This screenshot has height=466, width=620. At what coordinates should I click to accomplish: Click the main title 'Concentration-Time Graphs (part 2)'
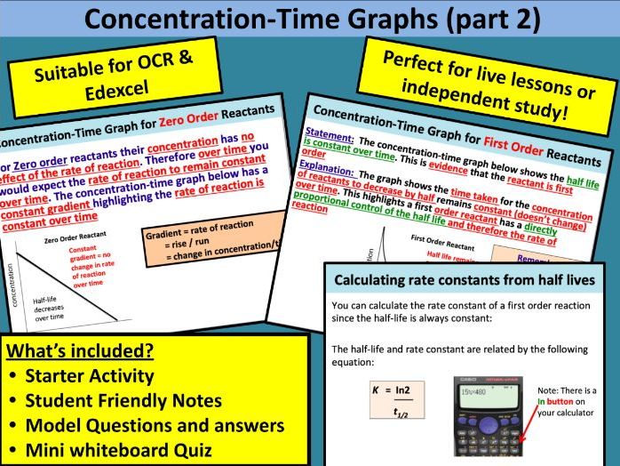coord(310,19)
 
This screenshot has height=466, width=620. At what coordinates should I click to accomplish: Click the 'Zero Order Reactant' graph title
coord(76,239)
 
